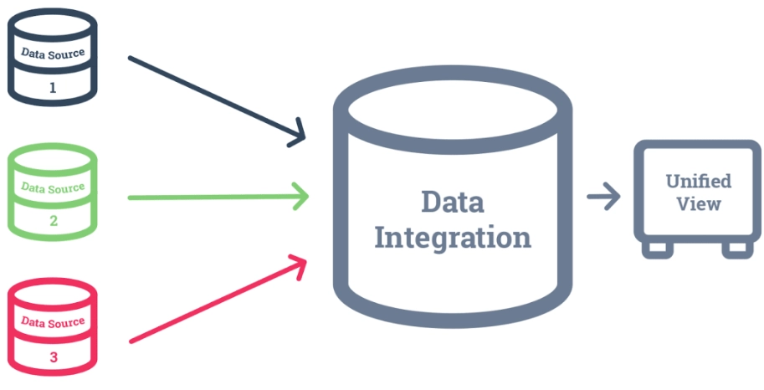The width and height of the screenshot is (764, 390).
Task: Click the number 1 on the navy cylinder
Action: coord(53,87)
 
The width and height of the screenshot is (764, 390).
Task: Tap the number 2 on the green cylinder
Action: coord(53,221)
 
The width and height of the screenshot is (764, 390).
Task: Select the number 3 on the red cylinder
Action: coord(53,357)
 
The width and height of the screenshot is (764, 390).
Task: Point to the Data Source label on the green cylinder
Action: coord(53,188)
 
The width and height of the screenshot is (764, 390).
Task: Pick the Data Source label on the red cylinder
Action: coord(53,322)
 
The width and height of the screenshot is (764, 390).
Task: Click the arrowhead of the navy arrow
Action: coord(299,135)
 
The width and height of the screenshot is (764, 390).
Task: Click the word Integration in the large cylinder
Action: coord(452,237)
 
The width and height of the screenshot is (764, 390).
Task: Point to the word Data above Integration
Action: coord(452,201)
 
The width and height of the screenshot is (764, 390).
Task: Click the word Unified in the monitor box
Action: coord(698,181)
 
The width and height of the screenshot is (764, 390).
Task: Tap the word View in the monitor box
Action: coord(698,203)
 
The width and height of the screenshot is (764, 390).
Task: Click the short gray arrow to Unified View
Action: coord(603,198)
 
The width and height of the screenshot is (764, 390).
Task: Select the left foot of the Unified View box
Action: coord(656,249)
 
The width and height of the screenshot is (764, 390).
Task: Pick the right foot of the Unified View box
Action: coord(736,249)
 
